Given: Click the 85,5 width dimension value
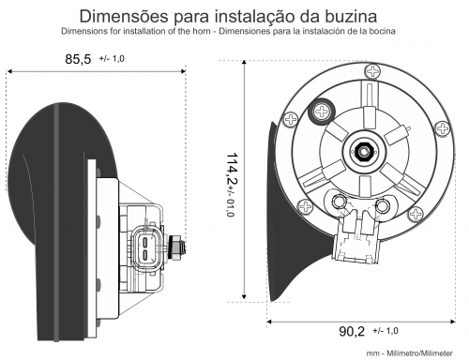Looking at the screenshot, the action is coord(78,59).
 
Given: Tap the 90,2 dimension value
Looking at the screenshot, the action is coord(352,331).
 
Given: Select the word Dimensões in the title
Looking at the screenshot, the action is coord(124,16).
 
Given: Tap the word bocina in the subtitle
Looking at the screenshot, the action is coord(383,31).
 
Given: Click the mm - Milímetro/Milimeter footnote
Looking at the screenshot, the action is coord(410,353).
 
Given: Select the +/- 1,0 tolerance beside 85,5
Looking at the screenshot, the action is coord(112,58).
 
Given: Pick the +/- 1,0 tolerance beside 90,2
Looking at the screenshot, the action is coord(386,331).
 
